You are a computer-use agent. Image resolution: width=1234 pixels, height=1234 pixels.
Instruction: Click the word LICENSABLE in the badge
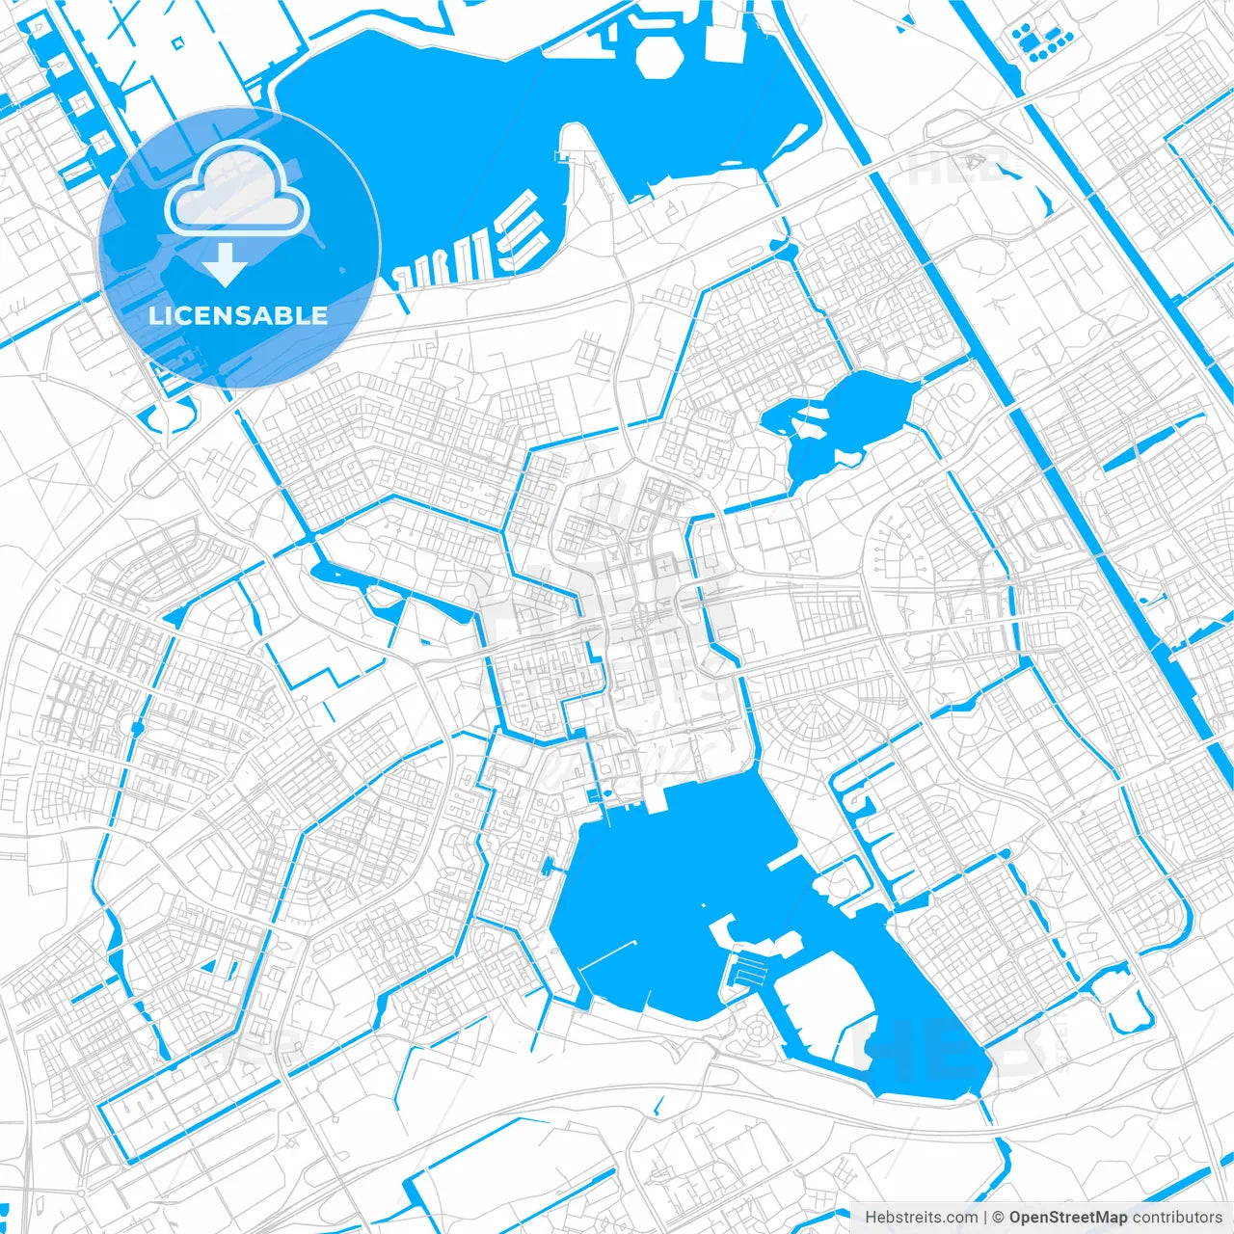[x=238, y=316]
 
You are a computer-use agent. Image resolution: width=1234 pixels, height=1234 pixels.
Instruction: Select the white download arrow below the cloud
[x=226, y=264]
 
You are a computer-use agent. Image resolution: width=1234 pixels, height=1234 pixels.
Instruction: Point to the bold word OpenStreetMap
[x=1068, y=1218]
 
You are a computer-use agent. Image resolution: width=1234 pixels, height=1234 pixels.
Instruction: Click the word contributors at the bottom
[x=1177, y=1218]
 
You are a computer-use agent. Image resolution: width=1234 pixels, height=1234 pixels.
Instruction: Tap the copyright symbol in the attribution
[x=999, y=1218]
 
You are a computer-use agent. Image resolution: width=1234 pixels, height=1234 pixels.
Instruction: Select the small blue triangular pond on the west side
[x=175, y=615]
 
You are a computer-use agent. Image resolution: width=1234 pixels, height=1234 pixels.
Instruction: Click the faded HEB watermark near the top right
[x=954, y=169]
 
